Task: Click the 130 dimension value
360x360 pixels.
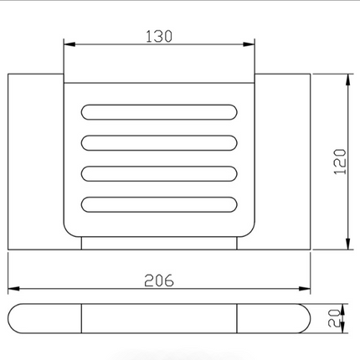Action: (159, 36)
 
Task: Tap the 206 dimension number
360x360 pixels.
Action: (159, 280)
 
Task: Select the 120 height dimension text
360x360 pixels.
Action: (340, 162)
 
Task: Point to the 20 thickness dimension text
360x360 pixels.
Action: (334, 318)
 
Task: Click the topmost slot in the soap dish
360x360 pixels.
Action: (159, 112)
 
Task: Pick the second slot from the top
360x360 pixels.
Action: (159, 143)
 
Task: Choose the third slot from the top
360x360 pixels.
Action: (159, 173)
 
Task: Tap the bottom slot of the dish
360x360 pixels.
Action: (159, 204)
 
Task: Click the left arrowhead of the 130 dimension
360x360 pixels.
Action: (69, 44)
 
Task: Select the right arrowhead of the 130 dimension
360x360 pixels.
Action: (249, 44)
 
